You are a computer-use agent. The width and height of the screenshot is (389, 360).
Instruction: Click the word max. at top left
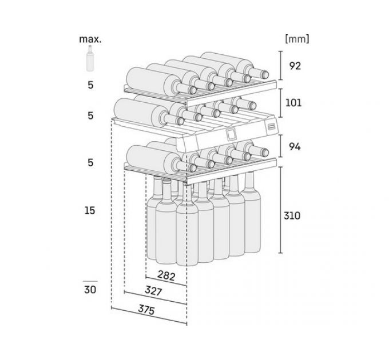[x=90, y=39]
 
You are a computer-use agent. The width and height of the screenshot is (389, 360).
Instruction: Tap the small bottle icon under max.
[x=90, y=58]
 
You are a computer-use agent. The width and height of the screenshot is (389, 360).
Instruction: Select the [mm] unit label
[x=297, y=39]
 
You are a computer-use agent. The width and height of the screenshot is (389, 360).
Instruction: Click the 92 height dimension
[x=295, y=66]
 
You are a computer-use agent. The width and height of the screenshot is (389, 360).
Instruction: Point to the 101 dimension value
[x=293, y=103]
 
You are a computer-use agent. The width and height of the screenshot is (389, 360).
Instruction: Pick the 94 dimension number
[x=295, y=147]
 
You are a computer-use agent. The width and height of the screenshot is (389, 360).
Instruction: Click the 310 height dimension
[x=292, y=216]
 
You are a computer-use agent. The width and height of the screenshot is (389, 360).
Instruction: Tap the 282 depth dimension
[x=166, y=275]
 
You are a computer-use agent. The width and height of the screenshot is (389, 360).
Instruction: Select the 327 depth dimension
[x=153, y=291]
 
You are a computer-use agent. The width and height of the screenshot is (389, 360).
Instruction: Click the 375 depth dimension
[x=146, y=310]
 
